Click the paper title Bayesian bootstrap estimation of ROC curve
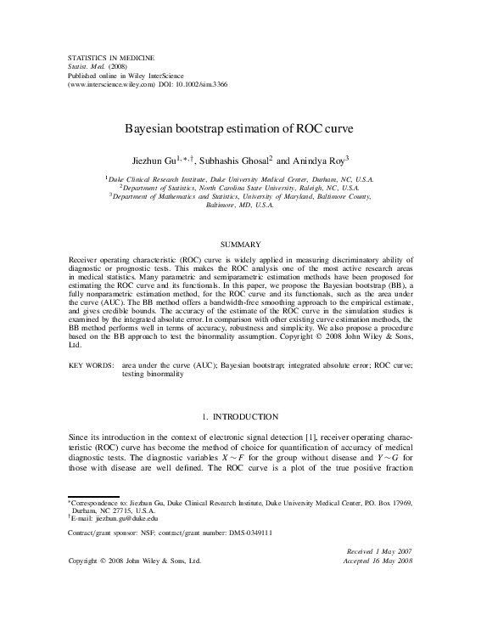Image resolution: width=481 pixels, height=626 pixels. coord(240,131)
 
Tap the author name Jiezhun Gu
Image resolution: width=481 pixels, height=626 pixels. coord(164,159)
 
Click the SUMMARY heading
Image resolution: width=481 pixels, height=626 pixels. coord(240,244)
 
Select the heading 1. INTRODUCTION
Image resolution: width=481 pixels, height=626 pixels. coord(241,416)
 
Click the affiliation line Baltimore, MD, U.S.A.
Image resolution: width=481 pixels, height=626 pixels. coord(240,206)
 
